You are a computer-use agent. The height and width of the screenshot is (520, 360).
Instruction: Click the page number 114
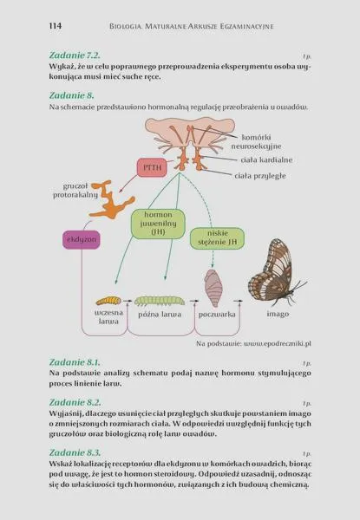[56, 26]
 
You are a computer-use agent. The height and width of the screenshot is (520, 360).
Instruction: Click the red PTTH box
[152, 167]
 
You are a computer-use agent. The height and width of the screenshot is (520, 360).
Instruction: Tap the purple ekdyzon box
[82, 239]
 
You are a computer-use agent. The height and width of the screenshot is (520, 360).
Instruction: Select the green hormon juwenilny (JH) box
[158, 224]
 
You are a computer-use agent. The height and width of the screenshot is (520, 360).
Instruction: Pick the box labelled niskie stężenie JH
[218, 238]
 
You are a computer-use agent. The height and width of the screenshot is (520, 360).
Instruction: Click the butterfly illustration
[275, 272]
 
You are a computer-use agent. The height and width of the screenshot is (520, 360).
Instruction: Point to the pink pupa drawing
[212, 288]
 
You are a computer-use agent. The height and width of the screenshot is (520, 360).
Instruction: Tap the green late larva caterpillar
[160, 301]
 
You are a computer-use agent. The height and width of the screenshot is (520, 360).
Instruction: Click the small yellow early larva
[108, 301]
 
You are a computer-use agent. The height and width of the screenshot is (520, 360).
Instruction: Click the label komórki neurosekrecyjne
[256, 141]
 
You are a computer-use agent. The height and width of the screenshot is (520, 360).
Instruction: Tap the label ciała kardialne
[267, 159]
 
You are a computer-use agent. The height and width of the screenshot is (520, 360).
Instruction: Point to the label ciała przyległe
[260, 176]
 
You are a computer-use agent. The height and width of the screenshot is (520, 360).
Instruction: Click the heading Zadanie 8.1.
[75, 361]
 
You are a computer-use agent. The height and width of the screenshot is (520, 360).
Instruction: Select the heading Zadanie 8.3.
[75, 452]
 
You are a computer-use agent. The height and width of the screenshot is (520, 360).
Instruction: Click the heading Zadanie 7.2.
[75, 55]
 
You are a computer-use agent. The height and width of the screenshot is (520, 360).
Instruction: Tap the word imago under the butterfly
[278, 314]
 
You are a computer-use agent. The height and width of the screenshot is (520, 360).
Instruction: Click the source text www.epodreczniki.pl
[278, 343]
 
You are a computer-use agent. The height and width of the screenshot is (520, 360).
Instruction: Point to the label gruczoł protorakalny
[75, 191]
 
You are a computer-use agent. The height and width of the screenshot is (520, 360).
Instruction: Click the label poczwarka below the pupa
[217, 315]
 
